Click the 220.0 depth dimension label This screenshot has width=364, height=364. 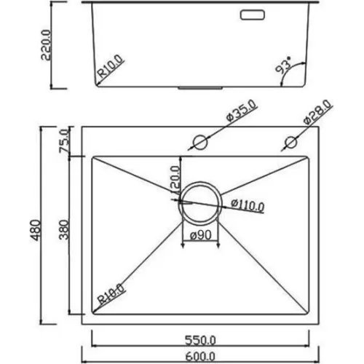click(x=46, y=45)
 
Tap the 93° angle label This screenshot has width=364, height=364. click(x=283, y=65)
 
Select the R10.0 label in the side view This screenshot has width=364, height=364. click(x=110, y=66)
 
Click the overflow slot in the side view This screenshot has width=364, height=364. click(x=252, y=15)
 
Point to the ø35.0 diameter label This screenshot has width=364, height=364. click(x=241, y=111)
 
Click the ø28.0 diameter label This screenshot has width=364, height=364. click(x=317, y=111)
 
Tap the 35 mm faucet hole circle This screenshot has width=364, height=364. click(x=200, y=142)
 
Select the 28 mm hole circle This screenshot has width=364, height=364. click(x=291, y=142)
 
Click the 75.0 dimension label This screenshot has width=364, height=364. click(x=64, y=141)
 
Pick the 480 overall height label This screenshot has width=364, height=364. click(x=35, y=230)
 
